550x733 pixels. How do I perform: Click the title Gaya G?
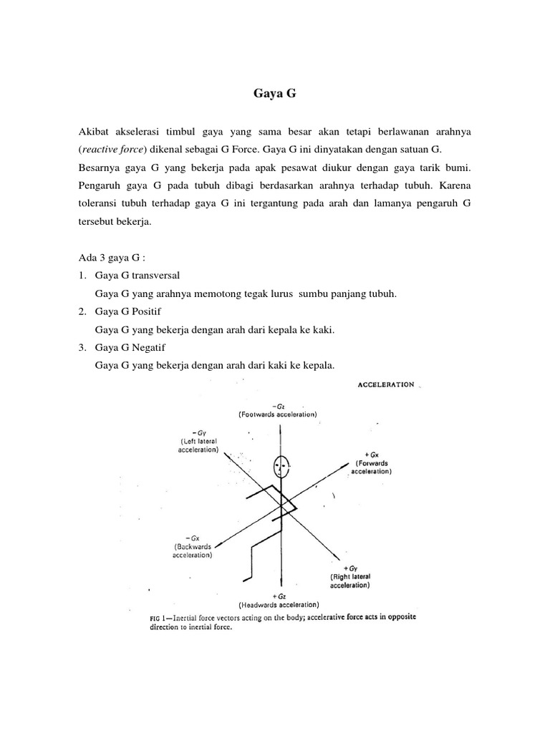[274, 92]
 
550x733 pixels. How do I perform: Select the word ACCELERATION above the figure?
[385, 384]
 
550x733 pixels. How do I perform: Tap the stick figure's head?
[281, 468]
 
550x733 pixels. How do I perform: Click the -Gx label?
[192, 537]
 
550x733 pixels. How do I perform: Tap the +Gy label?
[349, 568]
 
